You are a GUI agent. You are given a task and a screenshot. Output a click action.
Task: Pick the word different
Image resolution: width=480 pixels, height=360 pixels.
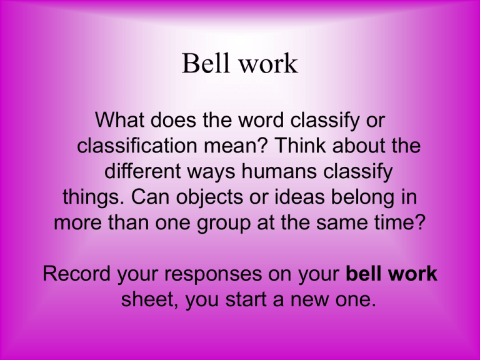[x=142, y=171]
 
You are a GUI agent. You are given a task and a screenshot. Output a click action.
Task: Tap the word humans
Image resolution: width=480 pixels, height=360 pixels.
[x=279, y=171]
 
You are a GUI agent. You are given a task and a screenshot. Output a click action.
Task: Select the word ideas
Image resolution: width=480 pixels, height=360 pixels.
[x=299, y=196]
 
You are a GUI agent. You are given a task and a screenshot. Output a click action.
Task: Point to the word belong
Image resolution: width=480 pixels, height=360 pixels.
[x=362, y=197]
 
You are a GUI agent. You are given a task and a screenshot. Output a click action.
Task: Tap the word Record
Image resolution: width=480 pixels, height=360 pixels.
[x=76, y=273]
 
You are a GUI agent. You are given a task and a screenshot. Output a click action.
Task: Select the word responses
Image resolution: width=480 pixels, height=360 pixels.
[x=213, y=274]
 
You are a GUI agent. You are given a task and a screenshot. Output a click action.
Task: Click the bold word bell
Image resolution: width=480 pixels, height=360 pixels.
[x=363, y=273]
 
